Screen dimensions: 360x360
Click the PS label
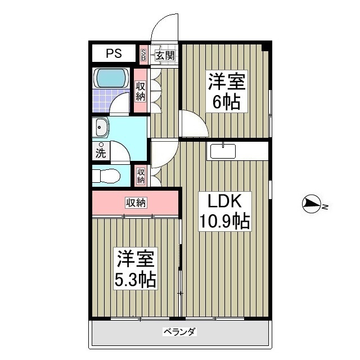pyautogui.click(x=114, y=54)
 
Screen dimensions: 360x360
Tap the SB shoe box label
pyautogui.click(x=143, y=55)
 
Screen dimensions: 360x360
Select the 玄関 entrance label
pyautogui.click(x=164, y=55)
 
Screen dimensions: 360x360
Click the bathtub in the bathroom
pyautogui.click(x=111, y=78)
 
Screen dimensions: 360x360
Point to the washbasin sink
pyautogui.click(x=101, y=129)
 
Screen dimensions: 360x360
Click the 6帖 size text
pyautogui.click(x=227, y=102)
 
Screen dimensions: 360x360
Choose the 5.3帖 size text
pyautogui.click(x=136, y=279)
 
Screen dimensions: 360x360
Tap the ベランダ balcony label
pyautogui.click(x=179, y=332)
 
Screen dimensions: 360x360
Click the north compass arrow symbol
pyautogui.click(x=311, y=204)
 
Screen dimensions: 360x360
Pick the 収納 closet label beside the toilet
pyautogui.click(x=141, y=176)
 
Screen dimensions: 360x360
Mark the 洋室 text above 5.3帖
pyautogui.click(x=136, y=259)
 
